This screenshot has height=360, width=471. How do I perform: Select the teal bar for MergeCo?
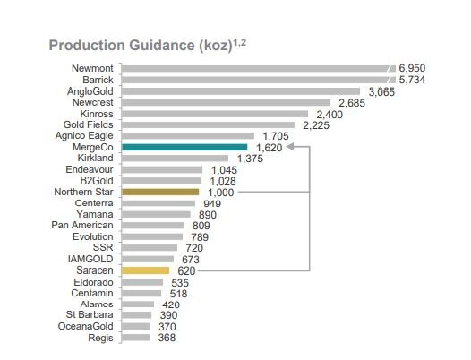[184, 147]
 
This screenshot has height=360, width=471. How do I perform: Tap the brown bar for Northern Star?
[154, 192]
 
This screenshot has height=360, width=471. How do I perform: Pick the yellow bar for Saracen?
[145, 270]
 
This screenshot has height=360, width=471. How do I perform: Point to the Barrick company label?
[97, 80]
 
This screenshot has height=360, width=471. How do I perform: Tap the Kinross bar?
[215, 113]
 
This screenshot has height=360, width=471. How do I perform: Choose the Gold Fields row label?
[91, 124]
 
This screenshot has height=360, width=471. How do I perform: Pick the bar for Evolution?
[151, 236]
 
